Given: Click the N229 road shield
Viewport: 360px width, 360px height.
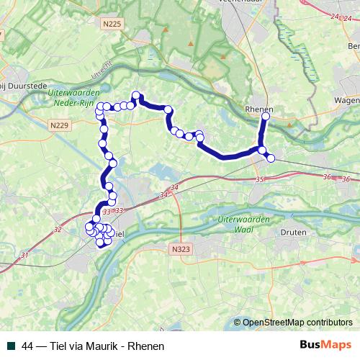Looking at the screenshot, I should point(60,125).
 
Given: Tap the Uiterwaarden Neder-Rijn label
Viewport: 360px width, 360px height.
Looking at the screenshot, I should point(71,98).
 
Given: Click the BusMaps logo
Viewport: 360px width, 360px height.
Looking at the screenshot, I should point(325,346).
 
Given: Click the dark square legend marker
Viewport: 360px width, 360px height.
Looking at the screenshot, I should point(11,346).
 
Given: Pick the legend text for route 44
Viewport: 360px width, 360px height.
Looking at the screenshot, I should point(94,346).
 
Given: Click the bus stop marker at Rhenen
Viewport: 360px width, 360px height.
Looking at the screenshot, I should point(266,116).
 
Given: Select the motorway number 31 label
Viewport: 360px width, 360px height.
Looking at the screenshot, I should point(24,255).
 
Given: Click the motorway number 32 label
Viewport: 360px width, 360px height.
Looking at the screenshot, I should point(58,230).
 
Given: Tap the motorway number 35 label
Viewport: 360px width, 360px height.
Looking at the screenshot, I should point(259,179).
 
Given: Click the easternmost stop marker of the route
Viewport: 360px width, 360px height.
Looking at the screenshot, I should point(271,158).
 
